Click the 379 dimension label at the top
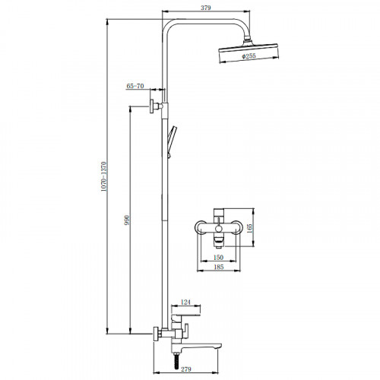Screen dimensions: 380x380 [x=206, y=8]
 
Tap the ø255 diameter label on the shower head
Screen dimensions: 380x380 [x=249, y=56]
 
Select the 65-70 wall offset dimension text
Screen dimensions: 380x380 [x=135, y=86]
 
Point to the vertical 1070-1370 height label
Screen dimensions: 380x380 [x=104, y=176]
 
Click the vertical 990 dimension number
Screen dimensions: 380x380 [x=127, y=220]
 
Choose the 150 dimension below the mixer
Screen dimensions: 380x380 [x=218, y=258]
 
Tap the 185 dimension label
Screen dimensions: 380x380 [x=218, y=267]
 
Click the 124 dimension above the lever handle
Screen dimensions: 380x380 [x=185, y=302]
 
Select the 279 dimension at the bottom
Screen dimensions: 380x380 [x=186, y=369]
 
